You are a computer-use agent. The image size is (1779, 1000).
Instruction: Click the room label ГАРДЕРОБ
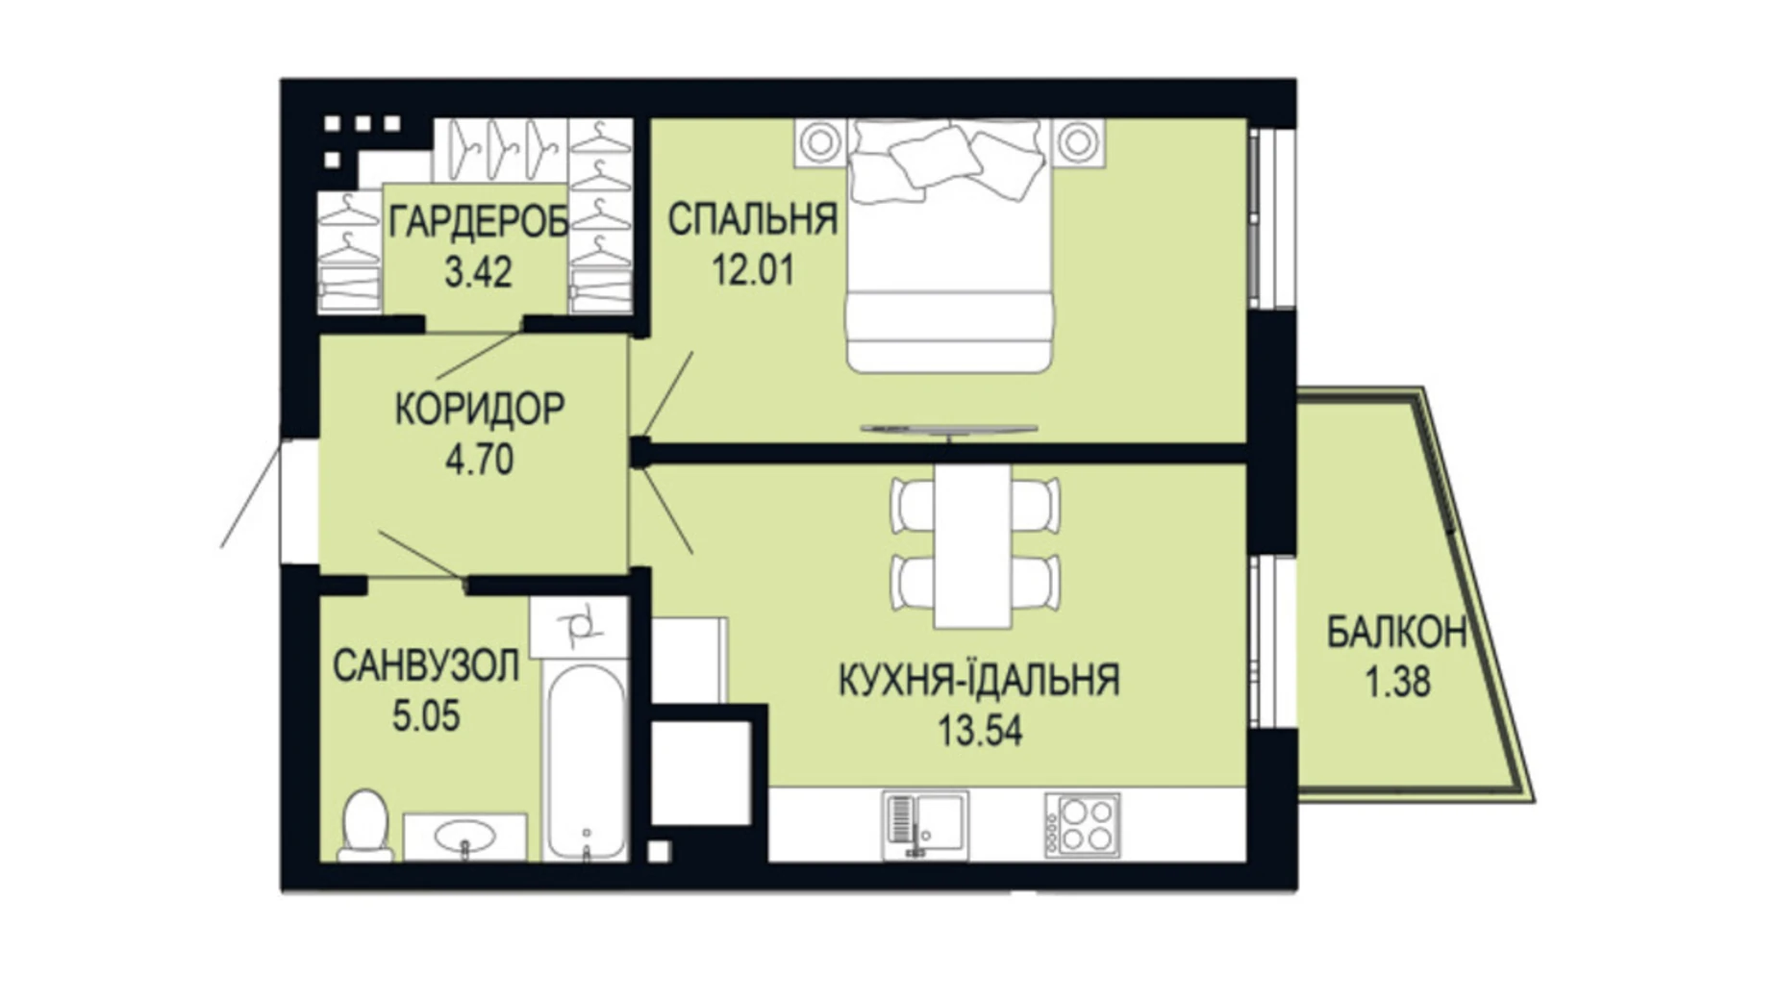click(478, 223)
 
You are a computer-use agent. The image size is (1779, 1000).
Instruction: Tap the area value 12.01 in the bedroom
click(753, 270)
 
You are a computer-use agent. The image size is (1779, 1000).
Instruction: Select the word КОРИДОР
click(480, 410)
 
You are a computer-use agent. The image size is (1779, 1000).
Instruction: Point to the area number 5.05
click(426, 716)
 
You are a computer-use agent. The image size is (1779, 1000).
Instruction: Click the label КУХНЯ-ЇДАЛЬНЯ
click(979, 681)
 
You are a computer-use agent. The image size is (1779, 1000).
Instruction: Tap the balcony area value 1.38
click(1397, 682)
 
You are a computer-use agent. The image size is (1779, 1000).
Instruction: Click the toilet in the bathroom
click(364, 825)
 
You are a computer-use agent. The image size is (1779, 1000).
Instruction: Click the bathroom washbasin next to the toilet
click(464, 837)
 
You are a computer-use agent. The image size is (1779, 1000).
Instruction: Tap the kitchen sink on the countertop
click(925, 824)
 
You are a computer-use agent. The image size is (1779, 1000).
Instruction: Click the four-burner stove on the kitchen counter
click(1083, 825)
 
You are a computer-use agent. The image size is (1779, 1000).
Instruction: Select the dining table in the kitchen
click(972, 545)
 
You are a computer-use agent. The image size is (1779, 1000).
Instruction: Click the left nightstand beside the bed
click(820, 142)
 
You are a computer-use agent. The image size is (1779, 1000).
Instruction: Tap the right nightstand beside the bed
click(1077, 142)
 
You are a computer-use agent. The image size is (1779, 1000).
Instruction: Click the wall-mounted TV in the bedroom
click(948, 429)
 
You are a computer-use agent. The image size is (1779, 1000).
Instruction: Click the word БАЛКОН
click(1396, 633)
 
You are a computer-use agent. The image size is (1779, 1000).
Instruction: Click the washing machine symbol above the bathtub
click(580, 627)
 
